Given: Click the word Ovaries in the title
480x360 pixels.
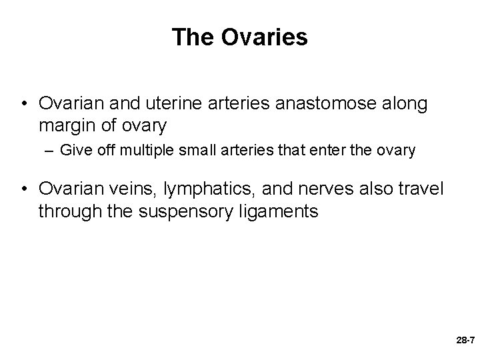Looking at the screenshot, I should point(265,37).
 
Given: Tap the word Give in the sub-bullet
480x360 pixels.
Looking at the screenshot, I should point(74,151).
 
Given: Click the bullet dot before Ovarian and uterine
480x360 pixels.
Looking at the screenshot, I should point(24,103).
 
